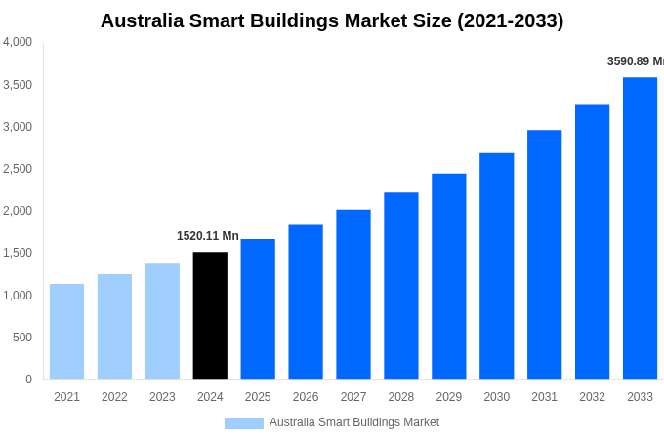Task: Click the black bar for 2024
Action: (210, 315)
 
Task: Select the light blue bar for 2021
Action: (66, 332)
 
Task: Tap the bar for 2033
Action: (640, 228)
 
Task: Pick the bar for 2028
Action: (401, 286)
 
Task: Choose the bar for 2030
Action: (496, 266)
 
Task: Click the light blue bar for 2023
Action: (162, 321)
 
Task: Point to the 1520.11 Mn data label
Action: (207, 236)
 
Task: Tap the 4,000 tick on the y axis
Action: (18, 42)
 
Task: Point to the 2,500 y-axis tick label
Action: (18, 169)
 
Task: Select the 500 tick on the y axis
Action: (21, 338)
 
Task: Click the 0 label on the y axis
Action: (28, 379)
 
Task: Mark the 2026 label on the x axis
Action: (306, 397)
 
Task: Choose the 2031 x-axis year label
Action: (544, 397)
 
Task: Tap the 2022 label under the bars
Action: (114, 397)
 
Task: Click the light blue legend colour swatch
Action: (243, 423)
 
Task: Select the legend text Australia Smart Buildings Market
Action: (354, 422)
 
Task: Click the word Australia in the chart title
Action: (145, 20)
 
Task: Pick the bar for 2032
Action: (592, 242)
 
